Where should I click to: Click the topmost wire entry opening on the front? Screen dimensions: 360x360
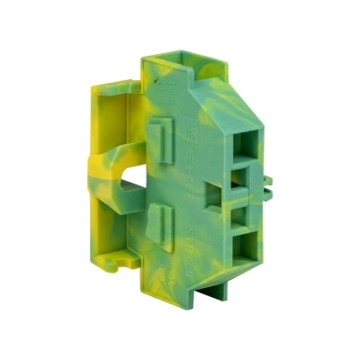coord(248,142)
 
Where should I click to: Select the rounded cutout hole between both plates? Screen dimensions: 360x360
coord(128,177)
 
